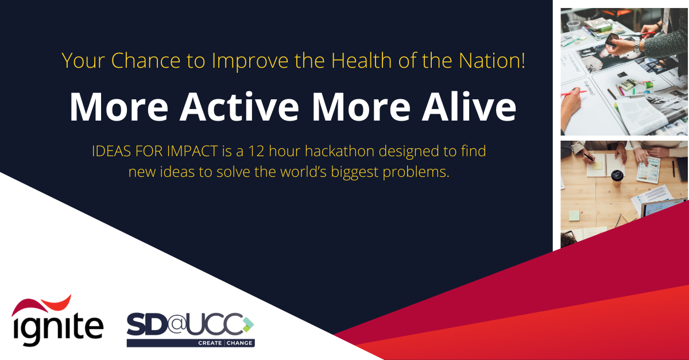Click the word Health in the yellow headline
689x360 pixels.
tap(361, 60)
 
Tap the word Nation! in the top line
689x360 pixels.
tap(492, 60)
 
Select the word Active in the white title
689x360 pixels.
tap(239, 106)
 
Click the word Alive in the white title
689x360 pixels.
tap(469, 106)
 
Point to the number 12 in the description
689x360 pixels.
tap(256, 152)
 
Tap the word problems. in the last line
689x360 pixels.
tap(416, 172)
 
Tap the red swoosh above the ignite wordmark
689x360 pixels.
tap(41, 305)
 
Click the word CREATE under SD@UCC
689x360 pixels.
tap(210, 343)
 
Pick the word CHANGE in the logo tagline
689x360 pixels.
tap(239, 343)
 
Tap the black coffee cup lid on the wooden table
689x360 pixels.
tap(617, 175)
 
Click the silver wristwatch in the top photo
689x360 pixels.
tap(637, 46)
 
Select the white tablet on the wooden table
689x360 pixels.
tap(648, 169)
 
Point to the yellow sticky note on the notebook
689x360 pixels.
tap(597, 165)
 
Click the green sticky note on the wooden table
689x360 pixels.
tap(574, 216)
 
